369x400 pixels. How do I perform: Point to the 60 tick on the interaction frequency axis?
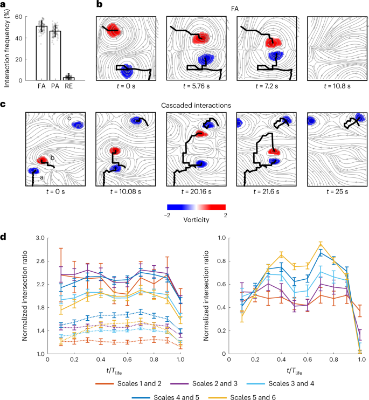coord(25,17)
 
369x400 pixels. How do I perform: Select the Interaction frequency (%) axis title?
coord(7,40)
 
